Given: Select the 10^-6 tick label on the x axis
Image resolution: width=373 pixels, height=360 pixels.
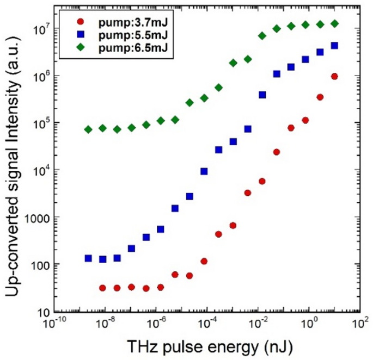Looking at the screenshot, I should click(156, 324).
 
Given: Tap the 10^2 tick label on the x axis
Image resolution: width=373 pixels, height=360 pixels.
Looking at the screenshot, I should click(359, 324).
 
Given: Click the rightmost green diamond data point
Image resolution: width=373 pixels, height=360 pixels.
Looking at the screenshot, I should click(335, 23).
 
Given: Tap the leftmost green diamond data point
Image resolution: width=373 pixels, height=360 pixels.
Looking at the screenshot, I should click(88, 129).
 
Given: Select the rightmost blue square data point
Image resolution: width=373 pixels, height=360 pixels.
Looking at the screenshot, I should click(334, 46).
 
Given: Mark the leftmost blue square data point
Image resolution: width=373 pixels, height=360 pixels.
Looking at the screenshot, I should click(88, 258).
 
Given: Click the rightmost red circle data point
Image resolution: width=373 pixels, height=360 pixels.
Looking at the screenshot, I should click(334, 77).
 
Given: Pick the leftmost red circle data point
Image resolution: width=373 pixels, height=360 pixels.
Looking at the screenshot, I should click(102, 288).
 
